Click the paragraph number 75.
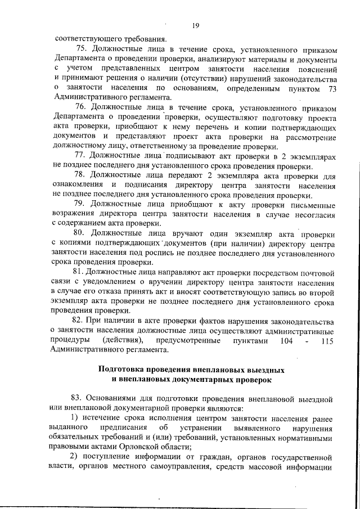[79, 49]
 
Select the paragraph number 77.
[79, 155]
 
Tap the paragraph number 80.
[79, 232]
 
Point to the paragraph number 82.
[79, 321]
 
